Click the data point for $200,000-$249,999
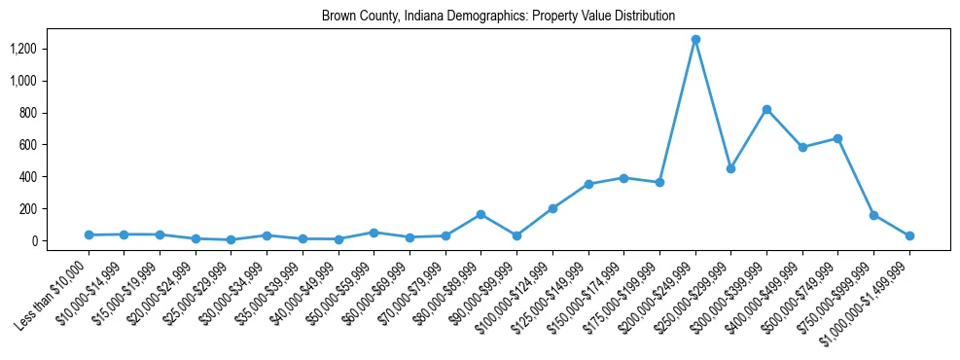695,40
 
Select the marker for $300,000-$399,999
766,110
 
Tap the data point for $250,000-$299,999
730,168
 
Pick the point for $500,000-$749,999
837,138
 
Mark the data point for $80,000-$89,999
480,214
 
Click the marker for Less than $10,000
89,235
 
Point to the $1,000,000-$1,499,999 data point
909,235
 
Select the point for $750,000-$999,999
873,215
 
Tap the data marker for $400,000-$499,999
802,148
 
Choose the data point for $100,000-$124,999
552,208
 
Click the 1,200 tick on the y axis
23,49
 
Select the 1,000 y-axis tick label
23,81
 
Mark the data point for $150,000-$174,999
623,178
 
